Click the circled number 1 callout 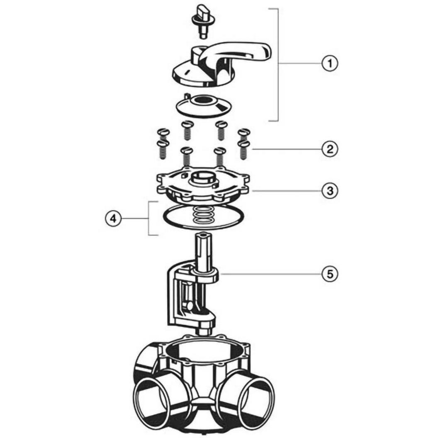click(x=330, y=63)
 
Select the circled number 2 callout click(x=330, y=149)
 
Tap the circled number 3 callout click(x=330, y=191)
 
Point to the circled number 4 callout click(x=113, y=218)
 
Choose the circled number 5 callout click(x=330, y=274)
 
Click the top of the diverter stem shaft click(x=204, y=236)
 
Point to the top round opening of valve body click(x=204, y=349)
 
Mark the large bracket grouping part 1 click(x=278, y=65)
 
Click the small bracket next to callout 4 click(x=148, y=218)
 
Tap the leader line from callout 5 click(x=270, y=274)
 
